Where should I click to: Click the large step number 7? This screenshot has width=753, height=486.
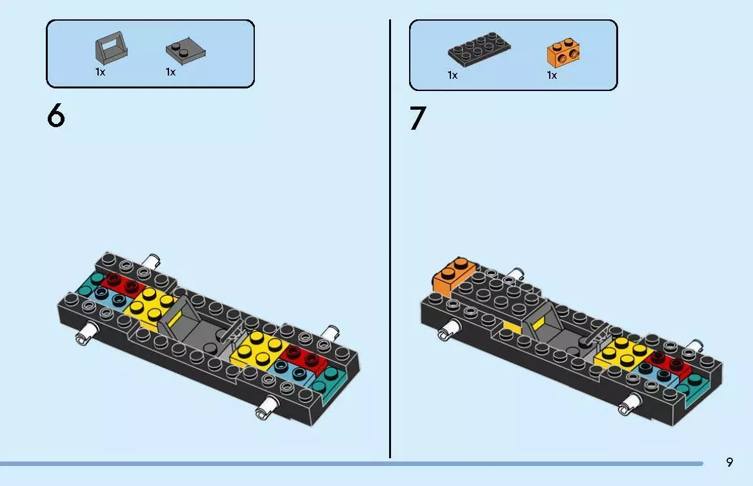[x=418, y=119]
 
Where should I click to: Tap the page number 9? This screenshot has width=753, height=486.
[x=729, y=462]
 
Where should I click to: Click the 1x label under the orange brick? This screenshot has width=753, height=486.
[x=552, y=76]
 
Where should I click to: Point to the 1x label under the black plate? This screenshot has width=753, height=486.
[x=452, y=76]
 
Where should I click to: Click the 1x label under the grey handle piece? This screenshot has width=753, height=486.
[x=100, y=72]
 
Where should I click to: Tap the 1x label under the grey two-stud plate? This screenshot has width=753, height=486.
[x=170, y=72]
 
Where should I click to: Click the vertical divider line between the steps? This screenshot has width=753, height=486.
[x=390, y=239]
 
